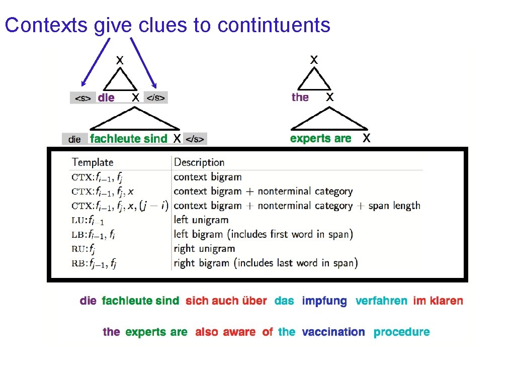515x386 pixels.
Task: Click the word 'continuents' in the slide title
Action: click(274, 25)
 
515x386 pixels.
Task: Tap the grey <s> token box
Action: click(83, 98)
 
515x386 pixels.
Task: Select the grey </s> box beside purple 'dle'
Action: click(155, 98)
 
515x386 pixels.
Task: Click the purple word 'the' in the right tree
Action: click(300, 97)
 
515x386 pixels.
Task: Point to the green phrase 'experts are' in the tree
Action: click(321, 139)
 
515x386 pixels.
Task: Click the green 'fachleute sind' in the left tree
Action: click(128, 139)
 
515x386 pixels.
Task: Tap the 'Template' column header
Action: click(93, 162)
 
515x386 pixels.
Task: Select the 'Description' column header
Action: click(199, 162)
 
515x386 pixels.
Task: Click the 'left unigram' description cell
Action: click(201, 220)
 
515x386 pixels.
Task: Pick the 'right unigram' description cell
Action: click(204, 248)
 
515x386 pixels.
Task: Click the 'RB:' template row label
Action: click(79, 263)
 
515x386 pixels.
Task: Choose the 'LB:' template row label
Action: click(79, 234)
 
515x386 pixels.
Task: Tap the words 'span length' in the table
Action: click(394, 206)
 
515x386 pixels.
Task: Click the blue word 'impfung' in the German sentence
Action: click(324, 301)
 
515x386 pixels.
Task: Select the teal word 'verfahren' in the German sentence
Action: click(381, 301)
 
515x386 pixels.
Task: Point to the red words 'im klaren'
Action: click(438, 301)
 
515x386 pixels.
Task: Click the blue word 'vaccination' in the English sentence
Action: click(333, 332)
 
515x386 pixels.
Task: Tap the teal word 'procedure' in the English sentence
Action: click(402, 332)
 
